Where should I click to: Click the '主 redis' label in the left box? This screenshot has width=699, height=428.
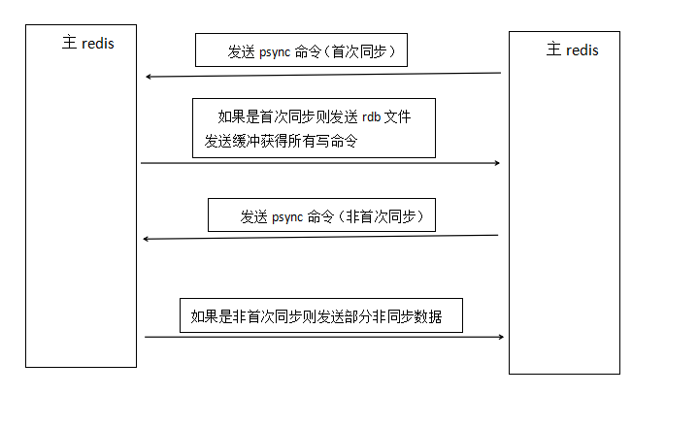coord(87,44)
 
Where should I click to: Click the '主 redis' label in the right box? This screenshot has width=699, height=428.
coord(572,49)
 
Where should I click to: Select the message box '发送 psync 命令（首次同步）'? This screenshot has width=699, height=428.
coord(301,50)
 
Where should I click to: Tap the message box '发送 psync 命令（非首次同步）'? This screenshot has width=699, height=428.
coord(321,215)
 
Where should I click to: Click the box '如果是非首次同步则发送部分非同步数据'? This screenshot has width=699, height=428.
coord(321,316)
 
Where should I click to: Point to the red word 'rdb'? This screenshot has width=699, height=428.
coord(373,117)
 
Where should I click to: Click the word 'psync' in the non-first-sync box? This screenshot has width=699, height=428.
coord(285,216)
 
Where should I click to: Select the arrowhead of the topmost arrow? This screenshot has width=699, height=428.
coord(149,77)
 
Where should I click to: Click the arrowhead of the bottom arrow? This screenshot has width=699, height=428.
coord(500,337)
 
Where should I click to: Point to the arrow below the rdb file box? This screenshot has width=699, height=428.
coord(320,163)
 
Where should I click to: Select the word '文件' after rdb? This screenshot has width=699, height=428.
coord(398,117)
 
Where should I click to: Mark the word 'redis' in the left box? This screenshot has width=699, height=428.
coord(97,44)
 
